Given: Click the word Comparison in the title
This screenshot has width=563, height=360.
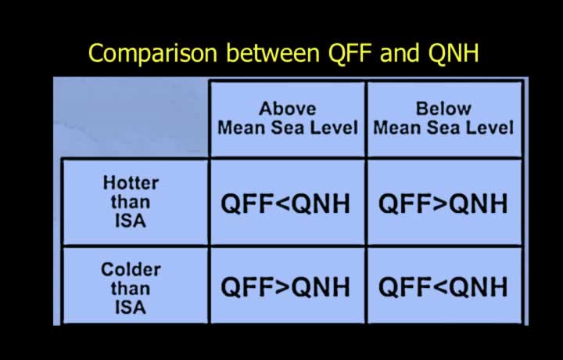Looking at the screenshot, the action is pos(153,53).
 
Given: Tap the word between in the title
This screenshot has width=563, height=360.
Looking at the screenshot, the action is pos(273,52).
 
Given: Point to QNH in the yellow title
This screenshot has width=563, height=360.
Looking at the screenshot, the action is pos(453,52).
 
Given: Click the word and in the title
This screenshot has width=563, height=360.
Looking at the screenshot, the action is pos(400,52).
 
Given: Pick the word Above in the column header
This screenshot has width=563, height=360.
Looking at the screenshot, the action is pos(288,109).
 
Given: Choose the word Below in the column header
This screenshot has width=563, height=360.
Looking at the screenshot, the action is pos(443,109).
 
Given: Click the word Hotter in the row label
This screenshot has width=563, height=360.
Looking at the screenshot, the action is pos(131,183).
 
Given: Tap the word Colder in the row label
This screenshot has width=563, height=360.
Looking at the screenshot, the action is pos(131,269).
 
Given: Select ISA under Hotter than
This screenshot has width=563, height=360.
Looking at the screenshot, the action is pos(131,221).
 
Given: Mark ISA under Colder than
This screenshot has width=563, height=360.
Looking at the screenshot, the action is pos(131,308).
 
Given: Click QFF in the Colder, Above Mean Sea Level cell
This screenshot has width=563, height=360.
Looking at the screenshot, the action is pos(249,287).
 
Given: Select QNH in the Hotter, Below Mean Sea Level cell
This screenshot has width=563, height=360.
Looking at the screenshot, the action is pos(479,203).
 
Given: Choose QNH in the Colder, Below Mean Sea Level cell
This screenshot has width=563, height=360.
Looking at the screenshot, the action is pos(479,287).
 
